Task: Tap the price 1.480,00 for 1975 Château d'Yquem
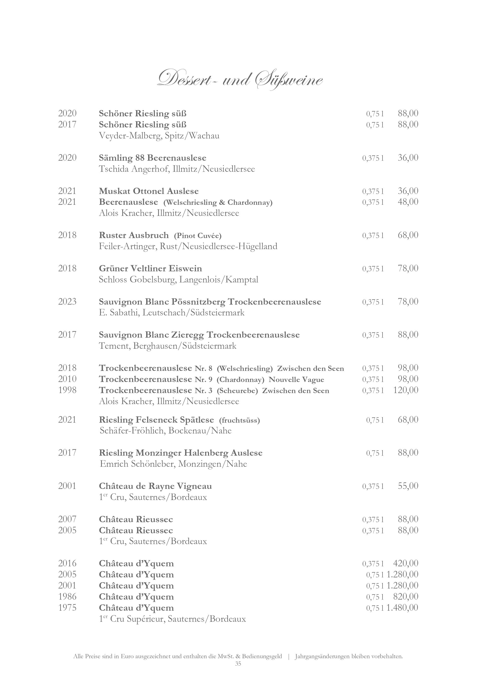pos(402,608)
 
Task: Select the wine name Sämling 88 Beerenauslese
pos(153,158)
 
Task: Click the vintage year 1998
pos(67,390)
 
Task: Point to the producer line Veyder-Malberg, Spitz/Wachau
pos(159,136)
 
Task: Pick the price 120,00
pos(406,390)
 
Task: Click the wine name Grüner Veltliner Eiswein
pos(150,268)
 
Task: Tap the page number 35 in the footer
pos(238,664)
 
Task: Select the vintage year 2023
pos(67,301)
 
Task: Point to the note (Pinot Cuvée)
pos(197,236)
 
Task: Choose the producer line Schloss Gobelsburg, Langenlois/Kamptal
pos(178,280)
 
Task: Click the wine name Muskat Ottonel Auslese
pos(149,191)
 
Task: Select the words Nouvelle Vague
pos(296,379)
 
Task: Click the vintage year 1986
pos(67,597)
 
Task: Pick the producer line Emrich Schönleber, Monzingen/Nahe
pos(173,464)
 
